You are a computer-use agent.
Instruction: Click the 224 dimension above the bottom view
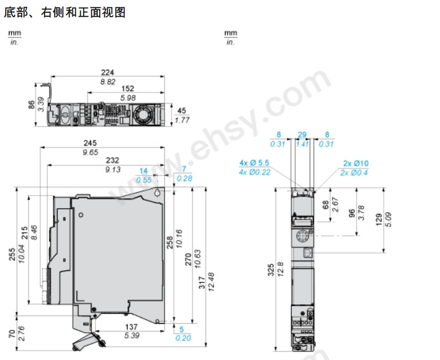coord(107,72)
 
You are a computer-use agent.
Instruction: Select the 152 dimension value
coord(128,89)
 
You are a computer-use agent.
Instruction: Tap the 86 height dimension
coord(31,105)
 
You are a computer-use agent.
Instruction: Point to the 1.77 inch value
coord(182,120)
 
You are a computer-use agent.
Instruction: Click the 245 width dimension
coord(90,143)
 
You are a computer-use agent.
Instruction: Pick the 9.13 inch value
coord(113,169)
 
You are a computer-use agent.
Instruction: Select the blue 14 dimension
coord(144,171)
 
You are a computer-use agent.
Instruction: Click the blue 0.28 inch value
coord(184,178)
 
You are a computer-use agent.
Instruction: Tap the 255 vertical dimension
coord(12,254)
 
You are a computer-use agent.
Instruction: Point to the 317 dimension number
coord(202,283)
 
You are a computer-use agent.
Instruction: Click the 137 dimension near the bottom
coord(131,327)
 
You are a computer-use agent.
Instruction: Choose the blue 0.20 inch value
coord(183,338)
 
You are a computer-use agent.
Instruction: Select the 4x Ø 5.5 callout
coord(254,163)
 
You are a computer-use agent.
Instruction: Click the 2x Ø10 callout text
coord(356,163)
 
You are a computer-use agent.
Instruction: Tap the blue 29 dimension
coord(302,135)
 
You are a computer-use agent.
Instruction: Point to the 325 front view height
coord(271,270)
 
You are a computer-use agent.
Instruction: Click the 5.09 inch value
coord(388,220)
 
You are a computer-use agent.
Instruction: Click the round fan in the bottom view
coord(143,114)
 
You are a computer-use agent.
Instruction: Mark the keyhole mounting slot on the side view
coord(158,193)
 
